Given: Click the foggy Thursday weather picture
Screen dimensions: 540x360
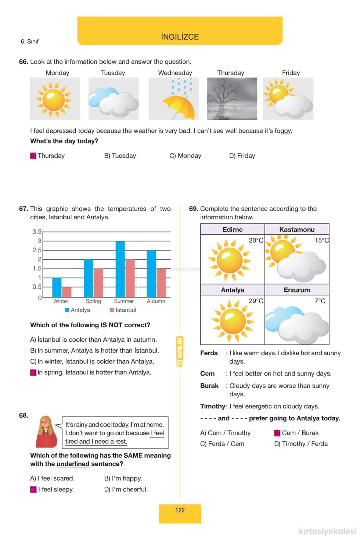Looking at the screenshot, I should pyautogui.click(x=232, y=98).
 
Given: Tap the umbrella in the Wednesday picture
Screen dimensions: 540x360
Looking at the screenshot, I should pyautogui.click(x=179, y=107).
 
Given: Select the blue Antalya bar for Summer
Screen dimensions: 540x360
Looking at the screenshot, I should pyautogui.click(x=120, y=269).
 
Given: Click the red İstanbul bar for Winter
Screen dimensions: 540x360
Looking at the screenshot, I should pyautogui.click(x=67, y=292).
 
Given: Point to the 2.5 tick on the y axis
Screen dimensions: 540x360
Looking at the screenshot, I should pyautogui.click(x=37, y=250).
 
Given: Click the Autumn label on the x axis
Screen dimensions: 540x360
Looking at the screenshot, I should pyautogui.click(x=156, y=301).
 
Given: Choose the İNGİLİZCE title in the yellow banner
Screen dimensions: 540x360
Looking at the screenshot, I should pyautogui.click(x=180, y=37).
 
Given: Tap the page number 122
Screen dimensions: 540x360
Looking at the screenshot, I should pyautogui.click(x=180, y=510).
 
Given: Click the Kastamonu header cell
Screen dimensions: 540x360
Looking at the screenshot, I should pyautogui.click(x=297, y=230).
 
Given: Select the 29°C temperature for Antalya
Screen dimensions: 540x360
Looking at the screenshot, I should pyautogui.click(x=256, y=301).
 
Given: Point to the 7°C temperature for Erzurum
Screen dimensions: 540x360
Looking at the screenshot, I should pyautogui.click(x=320, y=301).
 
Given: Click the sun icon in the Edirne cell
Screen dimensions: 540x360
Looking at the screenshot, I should pyautogui.click(x=229, y=260).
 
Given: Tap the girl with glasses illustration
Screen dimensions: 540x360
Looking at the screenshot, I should pyautogui.click(x=46, y=432).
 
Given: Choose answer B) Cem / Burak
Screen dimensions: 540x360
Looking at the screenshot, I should pyautogui.click(x=296, y=433).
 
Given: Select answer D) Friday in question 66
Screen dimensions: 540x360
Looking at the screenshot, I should pyautogui.click(x=242, y=156).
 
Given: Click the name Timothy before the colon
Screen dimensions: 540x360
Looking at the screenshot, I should pyautogui.click(x=212, y=406).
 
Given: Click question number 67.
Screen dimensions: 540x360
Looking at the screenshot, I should pyautogui.click(x=24, y=209).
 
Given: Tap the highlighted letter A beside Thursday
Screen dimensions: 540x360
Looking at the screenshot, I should pyautogui.click(x=33, y=156).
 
